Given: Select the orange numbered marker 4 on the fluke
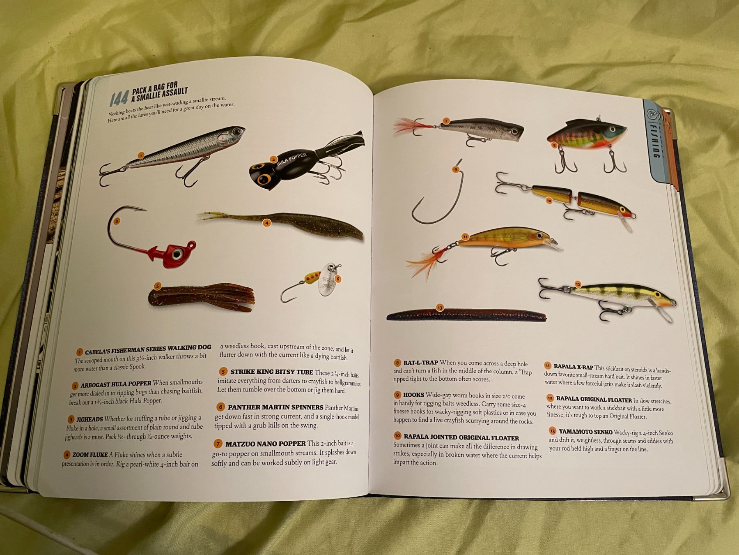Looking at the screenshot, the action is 266,223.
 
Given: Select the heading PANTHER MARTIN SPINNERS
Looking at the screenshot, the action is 275,407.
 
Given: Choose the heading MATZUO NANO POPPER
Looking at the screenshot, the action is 265,444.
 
